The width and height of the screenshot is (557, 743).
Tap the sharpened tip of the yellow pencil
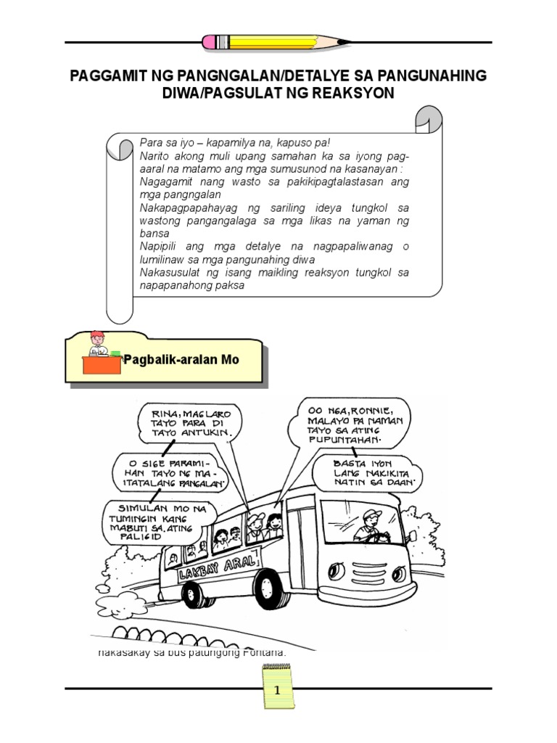347,42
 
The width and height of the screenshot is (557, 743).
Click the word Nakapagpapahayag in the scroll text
185,208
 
